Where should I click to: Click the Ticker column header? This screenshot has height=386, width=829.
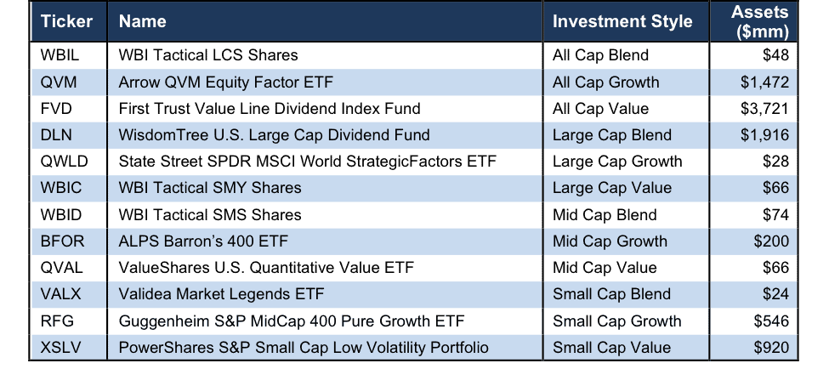coord(66,21)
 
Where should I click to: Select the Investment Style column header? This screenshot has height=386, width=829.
coord(622,21)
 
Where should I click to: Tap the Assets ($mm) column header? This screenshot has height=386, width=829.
coord(759,22)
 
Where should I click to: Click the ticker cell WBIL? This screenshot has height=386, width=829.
coord(59,55)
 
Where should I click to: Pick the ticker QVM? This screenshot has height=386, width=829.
coord(58,82)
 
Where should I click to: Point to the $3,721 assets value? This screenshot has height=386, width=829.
coord(764,109)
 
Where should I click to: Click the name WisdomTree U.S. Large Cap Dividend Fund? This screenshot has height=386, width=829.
coord(274,135)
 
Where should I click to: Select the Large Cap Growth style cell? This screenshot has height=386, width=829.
coord(617,162)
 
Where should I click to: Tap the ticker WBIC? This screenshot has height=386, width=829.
coord(60,188)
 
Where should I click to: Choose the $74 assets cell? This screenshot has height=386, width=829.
coord(775,214)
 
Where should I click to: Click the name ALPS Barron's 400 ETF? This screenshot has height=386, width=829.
coord(203,241)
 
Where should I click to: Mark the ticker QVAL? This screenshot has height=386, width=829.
coord(61,268)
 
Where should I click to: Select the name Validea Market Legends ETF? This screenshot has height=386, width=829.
coord(221,294)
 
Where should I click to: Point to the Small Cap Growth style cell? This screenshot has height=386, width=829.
coord(617,321)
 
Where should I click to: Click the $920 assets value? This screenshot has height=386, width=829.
coord(771,348)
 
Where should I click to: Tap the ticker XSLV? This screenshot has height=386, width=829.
coord(60,348)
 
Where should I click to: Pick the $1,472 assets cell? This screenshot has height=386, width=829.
coord(764,82)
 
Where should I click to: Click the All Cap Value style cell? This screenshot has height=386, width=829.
coord(600,109)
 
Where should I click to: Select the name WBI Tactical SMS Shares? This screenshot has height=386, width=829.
coord(210,214)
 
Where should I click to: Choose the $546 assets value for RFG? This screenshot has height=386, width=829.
coord(771,321)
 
